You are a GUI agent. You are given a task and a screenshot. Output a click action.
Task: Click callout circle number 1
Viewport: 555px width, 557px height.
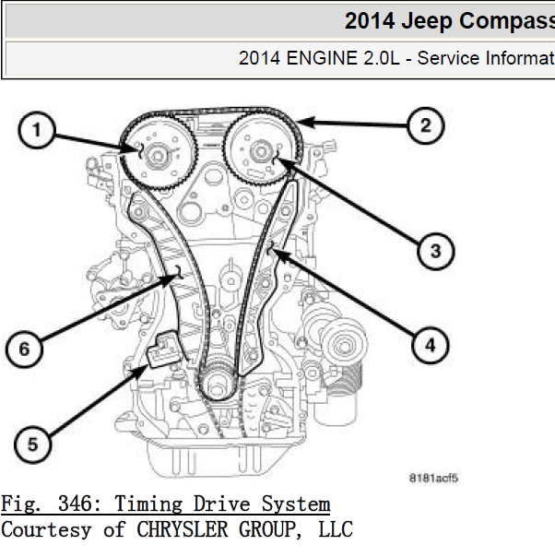click(37, 130)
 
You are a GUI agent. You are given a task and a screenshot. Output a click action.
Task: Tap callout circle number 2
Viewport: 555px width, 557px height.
click(425, 125)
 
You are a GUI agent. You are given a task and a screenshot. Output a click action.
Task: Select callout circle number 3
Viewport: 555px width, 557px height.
click(436, 251)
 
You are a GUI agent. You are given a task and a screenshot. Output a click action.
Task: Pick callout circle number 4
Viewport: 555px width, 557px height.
click(431, 345)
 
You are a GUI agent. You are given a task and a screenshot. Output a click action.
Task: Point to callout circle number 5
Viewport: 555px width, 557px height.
click(32, 444)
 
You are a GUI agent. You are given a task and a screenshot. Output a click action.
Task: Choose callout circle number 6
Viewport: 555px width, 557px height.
click(24, 349)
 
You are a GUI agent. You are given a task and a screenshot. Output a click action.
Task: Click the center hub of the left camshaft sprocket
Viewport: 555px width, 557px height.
click(157, 156)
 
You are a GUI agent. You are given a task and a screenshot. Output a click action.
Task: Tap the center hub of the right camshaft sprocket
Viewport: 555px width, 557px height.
click(261, 152)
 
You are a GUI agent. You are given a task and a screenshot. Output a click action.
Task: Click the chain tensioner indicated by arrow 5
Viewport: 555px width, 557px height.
click(164, 349)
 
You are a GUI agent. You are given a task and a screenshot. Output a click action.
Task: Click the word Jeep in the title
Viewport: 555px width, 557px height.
click(427, 20)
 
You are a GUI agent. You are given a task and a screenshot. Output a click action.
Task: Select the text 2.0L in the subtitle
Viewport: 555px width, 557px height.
click(382, 58)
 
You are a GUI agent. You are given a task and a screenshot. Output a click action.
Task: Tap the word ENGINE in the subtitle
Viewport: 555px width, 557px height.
click(322, 58)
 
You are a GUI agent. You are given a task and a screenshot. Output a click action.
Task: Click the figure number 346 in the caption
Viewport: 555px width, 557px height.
click(75, 504)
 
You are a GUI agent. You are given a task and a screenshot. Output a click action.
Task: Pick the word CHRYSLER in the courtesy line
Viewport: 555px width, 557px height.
click(183, 529)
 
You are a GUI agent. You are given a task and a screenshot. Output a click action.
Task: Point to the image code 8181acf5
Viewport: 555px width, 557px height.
click(433, 478)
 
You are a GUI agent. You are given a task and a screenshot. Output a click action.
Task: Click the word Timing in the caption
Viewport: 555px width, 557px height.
click(148, 504)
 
